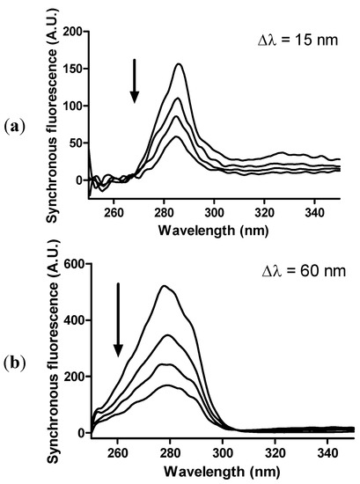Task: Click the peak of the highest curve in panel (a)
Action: pyautogui.click(x=179, y=64)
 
